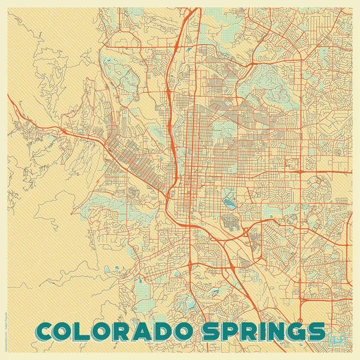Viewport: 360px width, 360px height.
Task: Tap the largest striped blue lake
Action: point(228,194)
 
